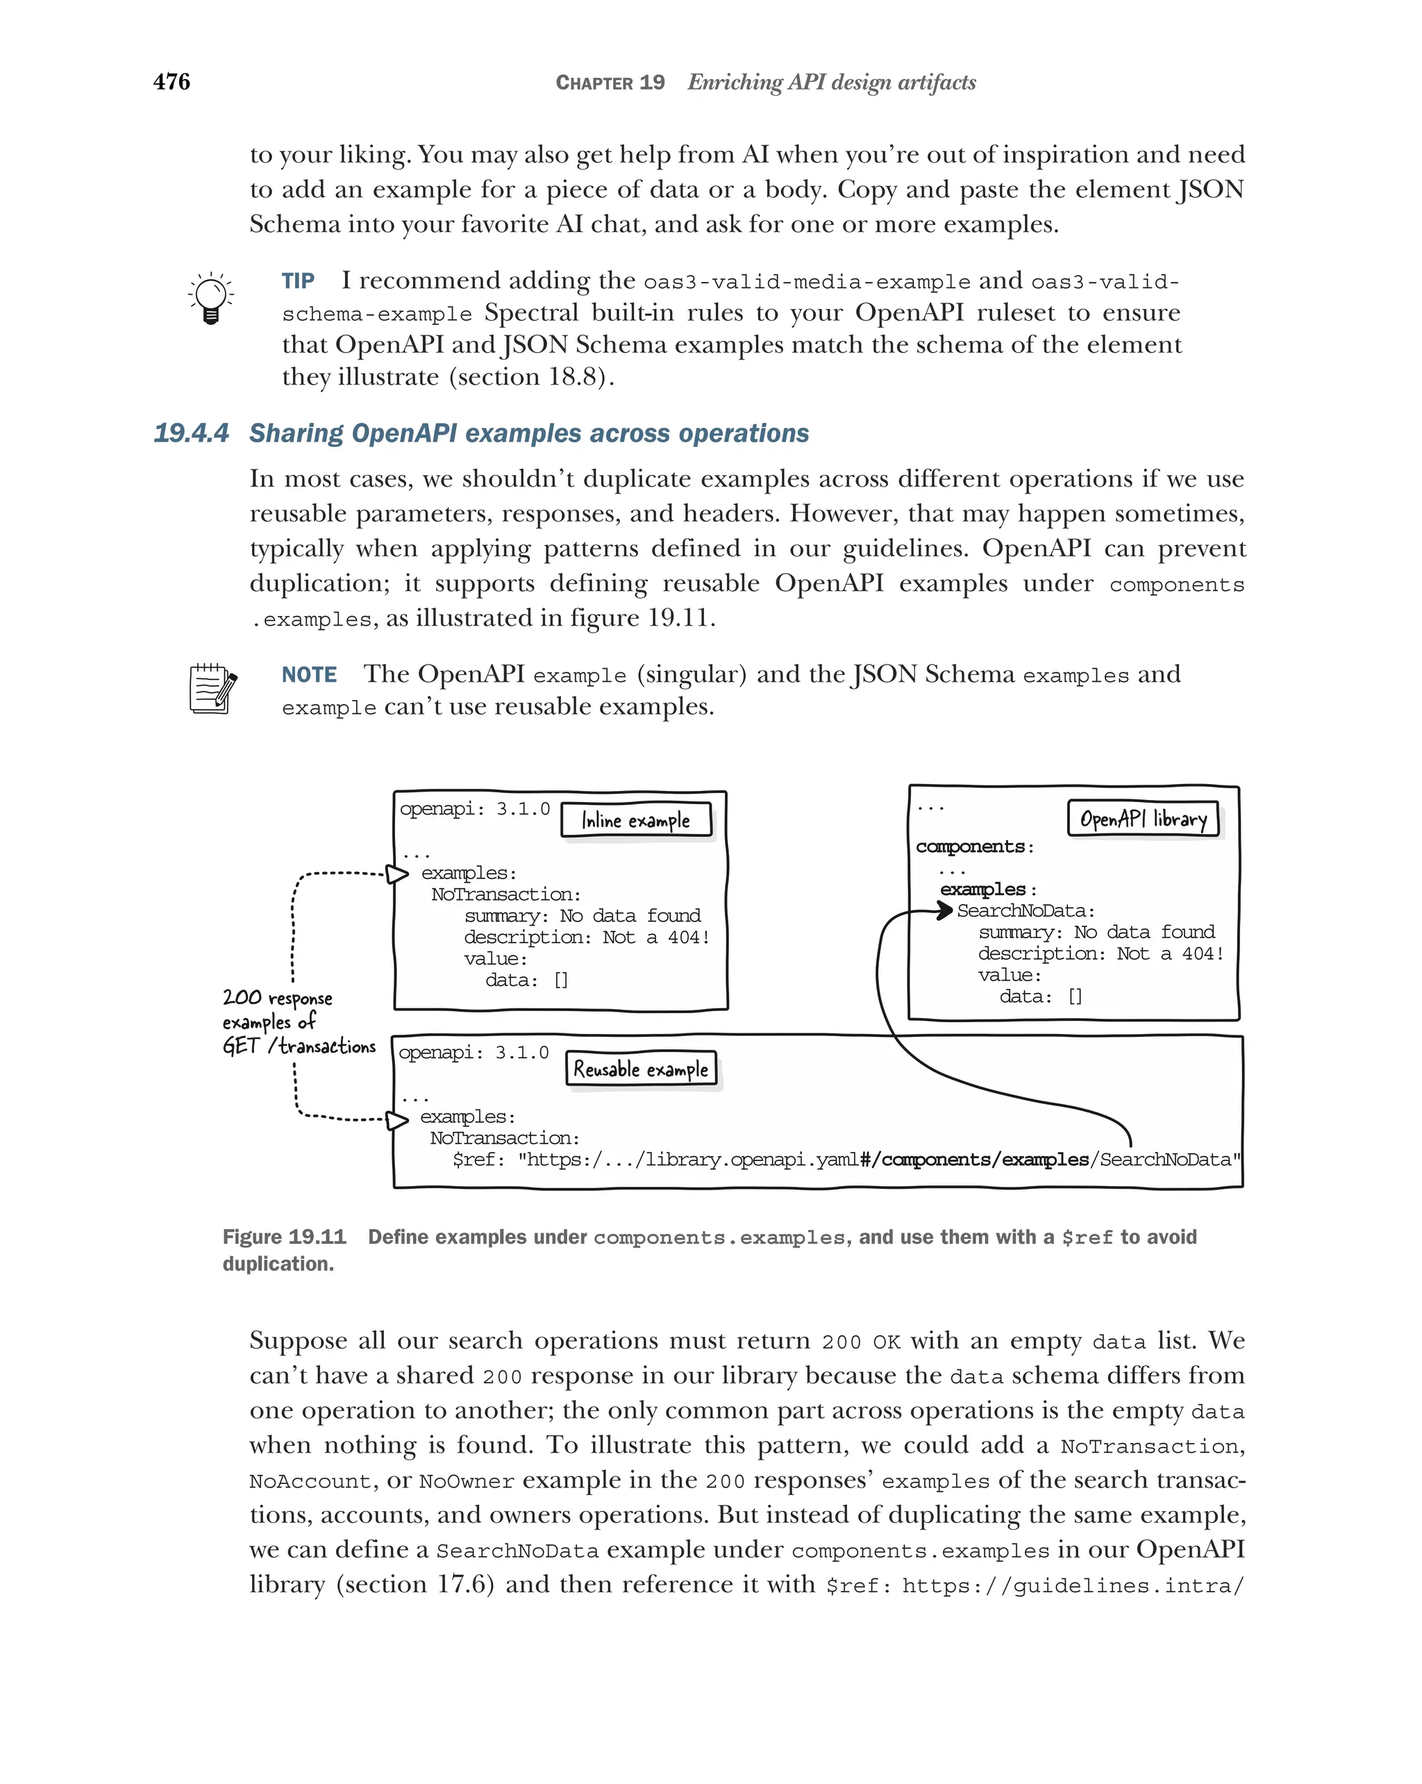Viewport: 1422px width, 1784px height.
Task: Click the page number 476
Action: pos(172,82)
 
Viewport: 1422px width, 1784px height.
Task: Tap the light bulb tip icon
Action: pos(210,298)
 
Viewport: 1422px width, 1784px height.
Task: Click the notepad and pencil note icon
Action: pos(212,688)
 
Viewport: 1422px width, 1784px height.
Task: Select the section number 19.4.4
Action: pos(191,433)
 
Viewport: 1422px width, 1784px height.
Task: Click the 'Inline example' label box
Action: pos(635,820)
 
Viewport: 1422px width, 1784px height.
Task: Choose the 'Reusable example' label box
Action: pos(640,1069)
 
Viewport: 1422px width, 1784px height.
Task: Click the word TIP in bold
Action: pos(298,281)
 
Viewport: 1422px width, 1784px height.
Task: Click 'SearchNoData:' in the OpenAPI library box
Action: pos(1026,911)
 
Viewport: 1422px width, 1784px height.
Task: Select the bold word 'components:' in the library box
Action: pos(974,847)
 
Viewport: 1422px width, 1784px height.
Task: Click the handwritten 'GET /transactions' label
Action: pos(299,1046)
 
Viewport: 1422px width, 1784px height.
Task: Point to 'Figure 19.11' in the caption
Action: pos(284,1237)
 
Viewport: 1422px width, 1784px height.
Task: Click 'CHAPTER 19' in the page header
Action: pos(610,83)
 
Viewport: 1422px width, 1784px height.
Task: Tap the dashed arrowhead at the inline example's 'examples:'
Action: pos(398,874)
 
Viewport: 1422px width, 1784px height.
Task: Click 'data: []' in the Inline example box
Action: pos(526,981)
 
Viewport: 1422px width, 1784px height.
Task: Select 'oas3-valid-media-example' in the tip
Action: pos(807,282)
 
